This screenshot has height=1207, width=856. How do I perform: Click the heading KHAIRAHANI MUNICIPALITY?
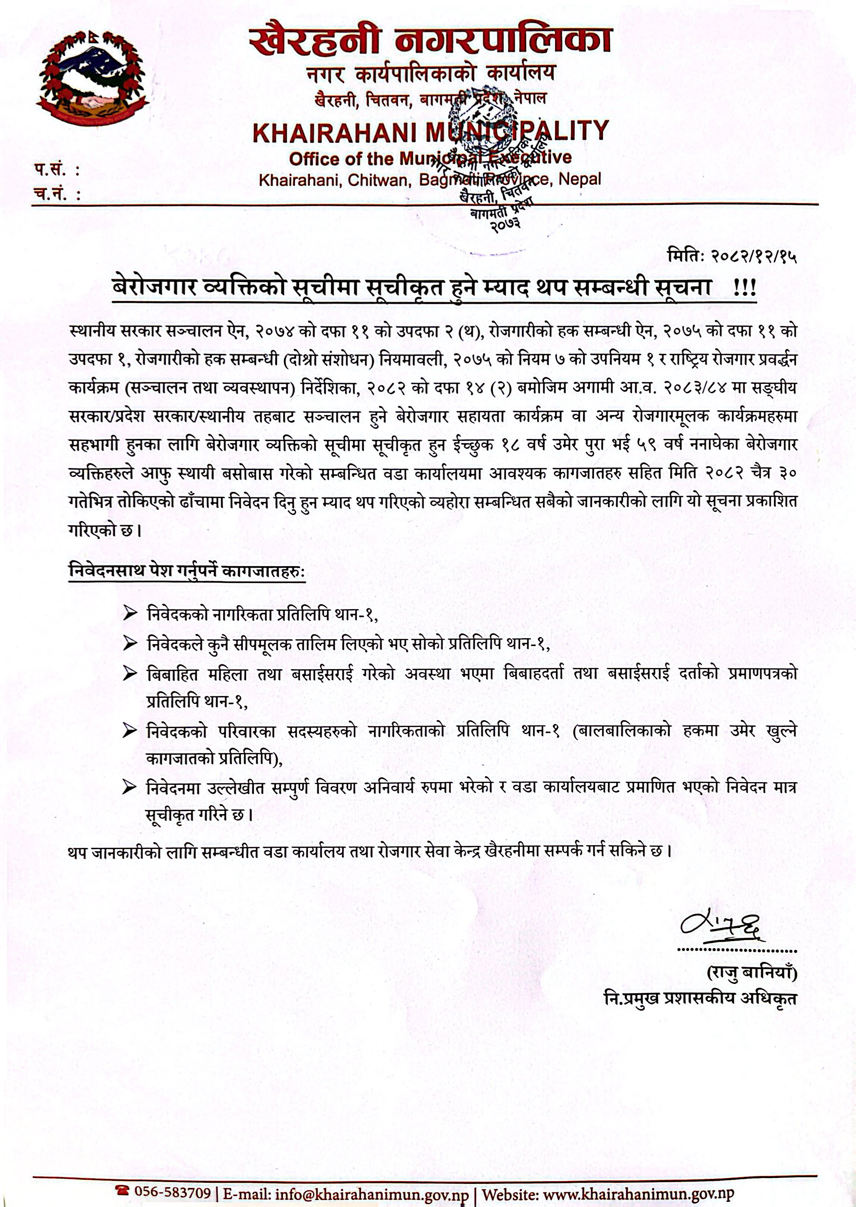coord(430,131)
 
